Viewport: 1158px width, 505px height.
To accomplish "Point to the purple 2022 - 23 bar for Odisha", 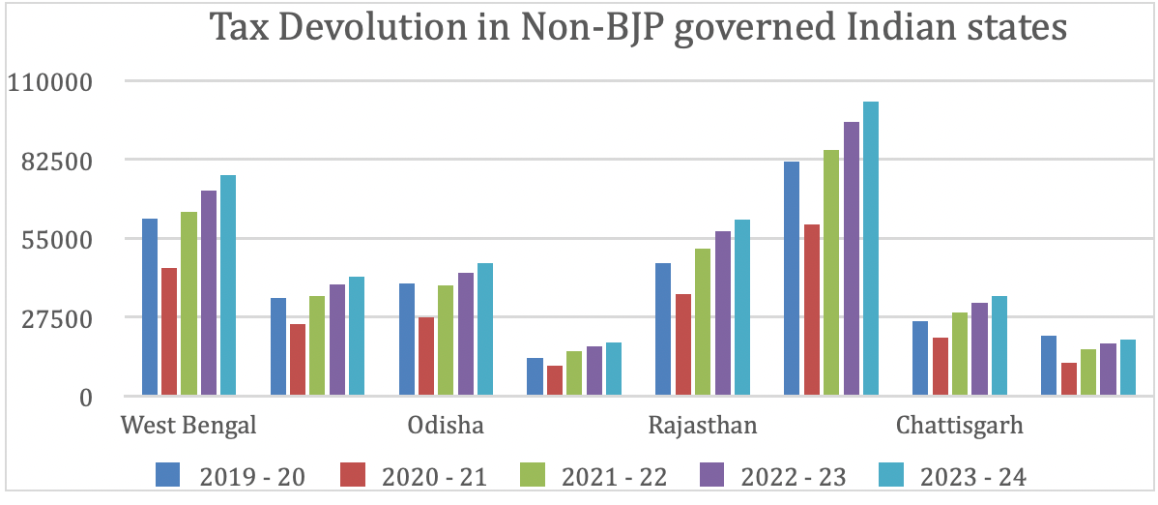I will coord(465,334).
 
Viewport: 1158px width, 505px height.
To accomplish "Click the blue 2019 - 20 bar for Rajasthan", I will coord(663,329).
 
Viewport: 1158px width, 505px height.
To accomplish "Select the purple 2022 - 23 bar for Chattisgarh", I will coord(979,348).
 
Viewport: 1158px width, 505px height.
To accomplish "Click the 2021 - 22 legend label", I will coord(613,476).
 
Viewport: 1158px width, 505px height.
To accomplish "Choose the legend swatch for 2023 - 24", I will coord(891,475).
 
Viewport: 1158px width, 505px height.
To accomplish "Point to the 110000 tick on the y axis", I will coord(49,82).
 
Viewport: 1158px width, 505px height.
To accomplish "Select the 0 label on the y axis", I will coord(85,397).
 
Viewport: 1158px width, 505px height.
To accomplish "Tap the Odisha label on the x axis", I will coord(446,427).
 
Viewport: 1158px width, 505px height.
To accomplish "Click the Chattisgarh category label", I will coord(959,427).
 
